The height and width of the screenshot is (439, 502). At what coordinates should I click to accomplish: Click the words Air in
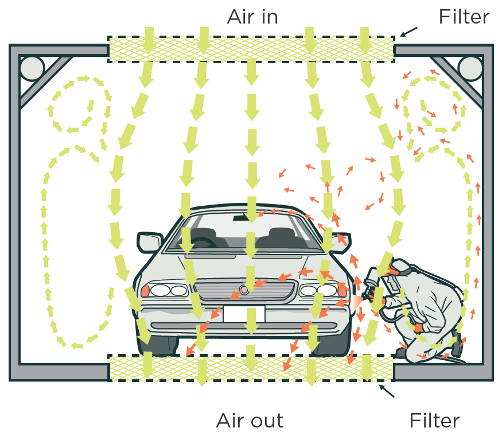252,16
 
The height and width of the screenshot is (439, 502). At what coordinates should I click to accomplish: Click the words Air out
250,421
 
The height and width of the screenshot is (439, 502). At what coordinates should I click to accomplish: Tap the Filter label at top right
464,17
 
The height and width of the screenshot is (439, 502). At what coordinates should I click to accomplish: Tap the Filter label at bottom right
434,421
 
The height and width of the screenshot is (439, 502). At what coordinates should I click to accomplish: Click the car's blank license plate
244,314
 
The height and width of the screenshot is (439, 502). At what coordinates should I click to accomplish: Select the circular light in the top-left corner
32,68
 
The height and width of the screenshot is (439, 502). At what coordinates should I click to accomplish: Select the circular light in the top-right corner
470,68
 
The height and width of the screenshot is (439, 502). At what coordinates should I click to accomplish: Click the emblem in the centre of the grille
244,290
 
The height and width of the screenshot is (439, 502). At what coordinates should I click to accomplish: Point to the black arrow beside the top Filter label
408,32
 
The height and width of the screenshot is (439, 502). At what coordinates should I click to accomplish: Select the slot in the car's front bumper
244,326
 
